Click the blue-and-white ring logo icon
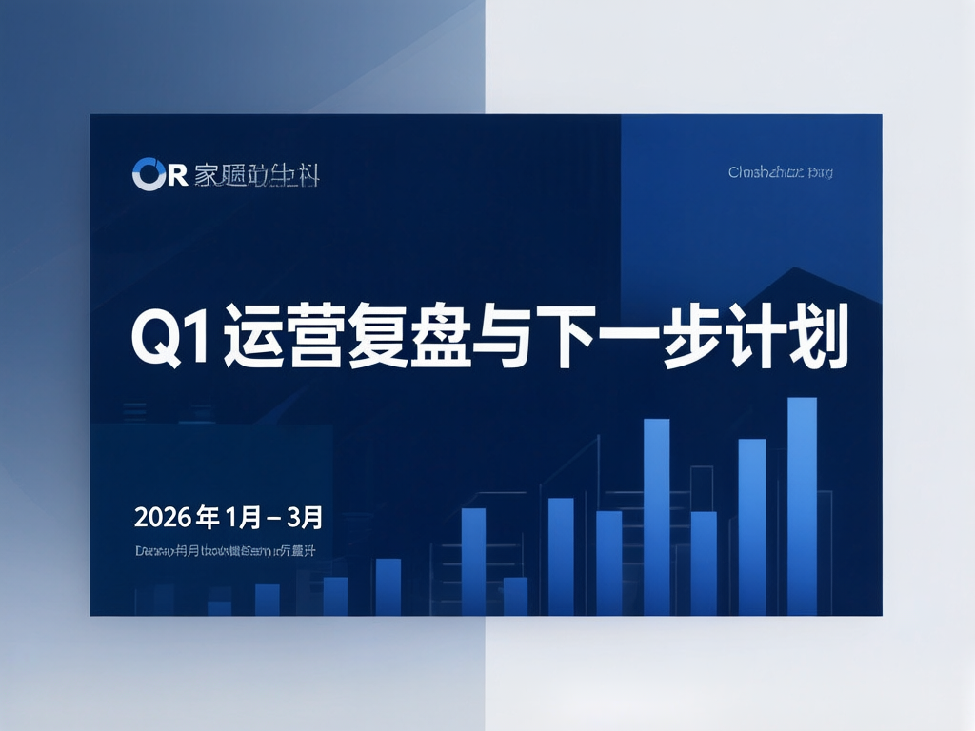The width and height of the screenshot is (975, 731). point(149,174)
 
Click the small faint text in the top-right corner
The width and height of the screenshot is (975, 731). point(780,173)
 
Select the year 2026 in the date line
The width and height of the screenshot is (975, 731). point(163,519)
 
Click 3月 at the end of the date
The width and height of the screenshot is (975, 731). point(305,519)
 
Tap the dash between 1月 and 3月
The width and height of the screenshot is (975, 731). point(272,520)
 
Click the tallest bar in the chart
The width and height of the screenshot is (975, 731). point(803,505)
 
